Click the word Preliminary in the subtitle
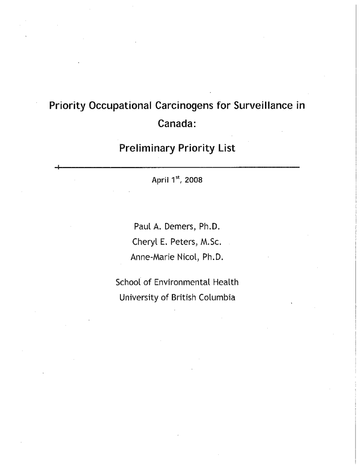pyautogui.click(x=146, y=148)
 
